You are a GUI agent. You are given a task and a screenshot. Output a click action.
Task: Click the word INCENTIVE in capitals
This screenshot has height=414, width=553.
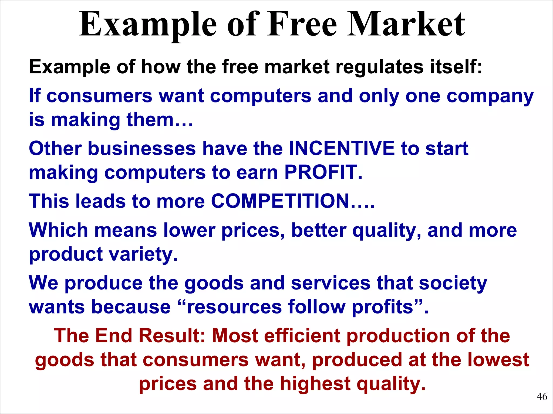click(342, 149)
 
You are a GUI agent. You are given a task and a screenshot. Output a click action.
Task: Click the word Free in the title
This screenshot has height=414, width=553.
click(302, 25)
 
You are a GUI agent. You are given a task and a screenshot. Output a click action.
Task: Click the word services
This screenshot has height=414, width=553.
click(331, 283)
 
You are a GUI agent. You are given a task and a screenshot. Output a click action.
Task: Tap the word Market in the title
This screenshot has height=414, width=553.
click(406, 25)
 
